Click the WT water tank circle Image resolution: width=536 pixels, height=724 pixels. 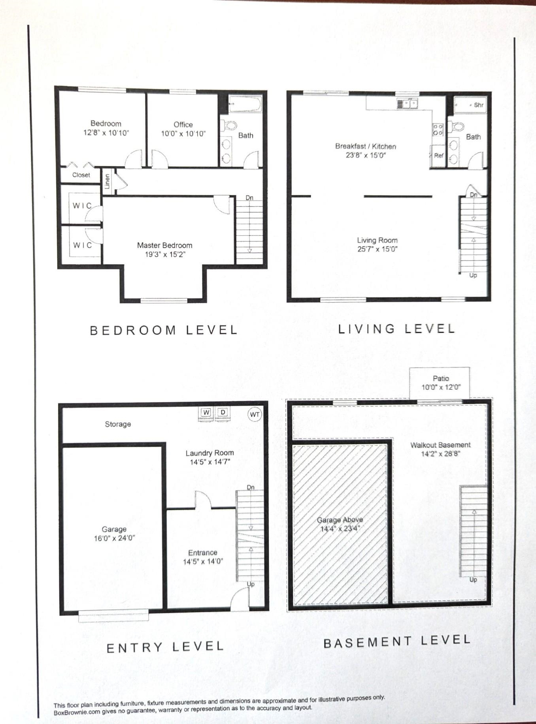tap(255, 414)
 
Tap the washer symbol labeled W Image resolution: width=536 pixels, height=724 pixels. tap(206, 413)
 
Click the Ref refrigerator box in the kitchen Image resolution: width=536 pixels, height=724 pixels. tap(438, 156)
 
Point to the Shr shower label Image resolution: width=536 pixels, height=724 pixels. tap(478, 105)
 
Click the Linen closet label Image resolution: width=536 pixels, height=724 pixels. tap(107, 181)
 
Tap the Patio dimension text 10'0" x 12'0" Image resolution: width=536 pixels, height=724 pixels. tap(441, 387)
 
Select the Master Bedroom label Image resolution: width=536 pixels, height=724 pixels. tap(164, 245)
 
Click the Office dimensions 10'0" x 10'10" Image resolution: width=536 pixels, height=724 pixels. tap(183, 134)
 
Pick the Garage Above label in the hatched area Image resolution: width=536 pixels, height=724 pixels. tap(340, 520)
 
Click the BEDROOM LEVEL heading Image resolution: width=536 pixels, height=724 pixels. tap(164, 330)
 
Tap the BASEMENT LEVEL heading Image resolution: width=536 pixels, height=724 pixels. tap(396, 641)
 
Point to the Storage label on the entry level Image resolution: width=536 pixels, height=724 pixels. tap(118, 424)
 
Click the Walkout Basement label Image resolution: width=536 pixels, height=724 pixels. tap(440, 445)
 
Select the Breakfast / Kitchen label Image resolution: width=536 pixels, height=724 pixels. tap(365, 146)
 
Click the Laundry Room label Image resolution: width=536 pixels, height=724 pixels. tap(209, 453)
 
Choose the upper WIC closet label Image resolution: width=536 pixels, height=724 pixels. tap(82, 206)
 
